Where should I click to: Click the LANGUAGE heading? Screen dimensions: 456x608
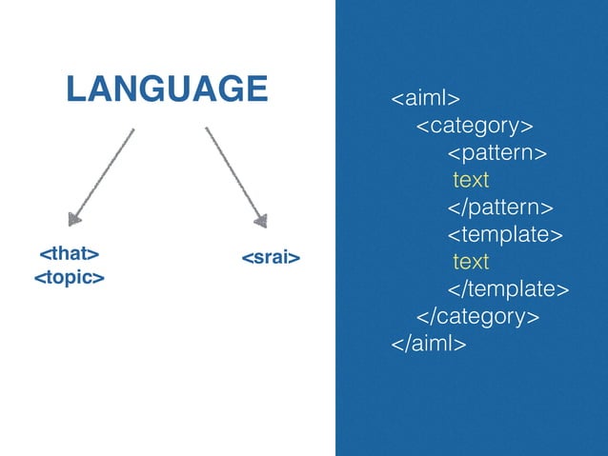[x=166, y=89]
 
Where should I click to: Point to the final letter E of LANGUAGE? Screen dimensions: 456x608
[x=255, y=89]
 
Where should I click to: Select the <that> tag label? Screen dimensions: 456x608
[x=69, y=254]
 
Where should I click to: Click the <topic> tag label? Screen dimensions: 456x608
[x=69, y=278]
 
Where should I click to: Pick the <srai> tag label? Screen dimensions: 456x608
[x=270, y=257]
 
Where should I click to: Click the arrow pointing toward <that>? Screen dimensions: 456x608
[x=103, y=175]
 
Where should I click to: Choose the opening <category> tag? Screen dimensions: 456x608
[x=474, y=126]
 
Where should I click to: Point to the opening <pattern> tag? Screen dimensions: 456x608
[x=497, y=152]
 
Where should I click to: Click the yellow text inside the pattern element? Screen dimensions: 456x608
[x=471, y=180]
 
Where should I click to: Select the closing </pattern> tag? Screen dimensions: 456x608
[x=501, y=208]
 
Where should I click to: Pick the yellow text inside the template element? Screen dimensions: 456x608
[x=471, y=261]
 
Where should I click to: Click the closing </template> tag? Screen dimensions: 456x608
[x=509, y=288]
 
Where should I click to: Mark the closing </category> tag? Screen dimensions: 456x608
[x=477, y=315]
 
